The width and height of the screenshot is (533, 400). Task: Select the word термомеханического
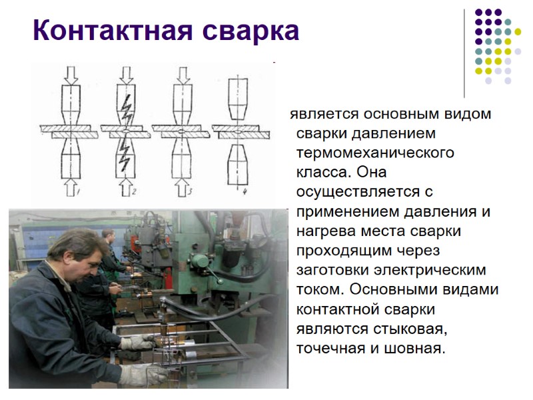pos(375,152)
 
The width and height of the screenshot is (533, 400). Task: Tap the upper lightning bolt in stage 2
pos(127,105)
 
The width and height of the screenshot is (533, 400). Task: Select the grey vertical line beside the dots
pos(464,53)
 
